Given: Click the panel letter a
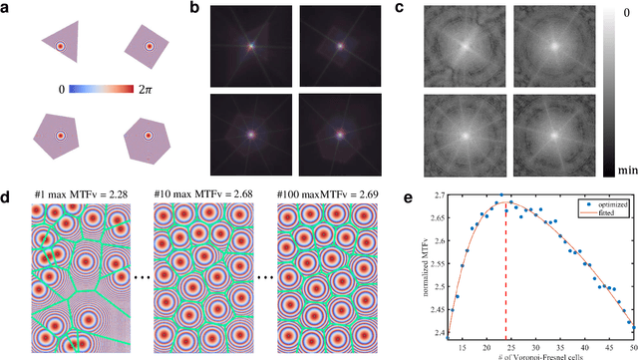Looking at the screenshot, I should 8,8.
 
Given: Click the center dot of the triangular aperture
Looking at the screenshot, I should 61,46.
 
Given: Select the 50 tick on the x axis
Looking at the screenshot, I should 633,342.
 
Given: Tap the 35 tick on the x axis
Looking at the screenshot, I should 553,342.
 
